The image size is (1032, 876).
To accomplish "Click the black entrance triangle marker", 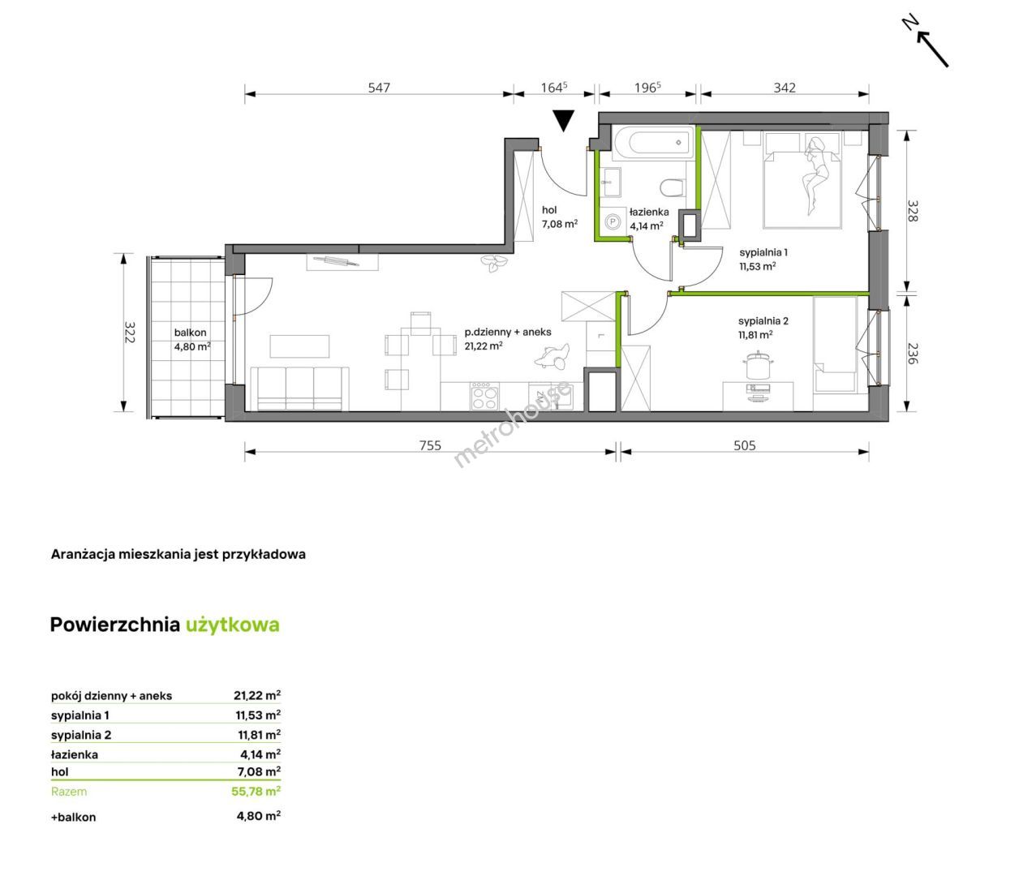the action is [563, 120].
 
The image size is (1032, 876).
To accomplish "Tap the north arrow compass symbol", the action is [927, 41].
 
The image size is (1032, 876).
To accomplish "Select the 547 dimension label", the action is [379, 88].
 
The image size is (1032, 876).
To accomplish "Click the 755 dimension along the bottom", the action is [430, 445].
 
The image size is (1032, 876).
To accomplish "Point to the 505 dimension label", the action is [745, 445].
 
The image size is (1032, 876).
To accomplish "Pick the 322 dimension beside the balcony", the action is [130, 332].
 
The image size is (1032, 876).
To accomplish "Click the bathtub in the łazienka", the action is [653, 144].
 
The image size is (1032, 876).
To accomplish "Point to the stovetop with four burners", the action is [484, 396].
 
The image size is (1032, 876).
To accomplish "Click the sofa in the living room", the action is [299, 389].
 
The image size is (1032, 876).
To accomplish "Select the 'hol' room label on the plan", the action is [549, 210].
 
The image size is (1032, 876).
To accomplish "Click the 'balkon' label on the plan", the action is [190, 333].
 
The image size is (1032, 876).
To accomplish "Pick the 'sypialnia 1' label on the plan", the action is [763, 252].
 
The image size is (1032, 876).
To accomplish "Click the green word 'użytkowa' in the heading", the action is [233, 625].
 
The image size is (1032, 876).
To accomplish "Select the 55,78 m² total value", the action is [256, 791].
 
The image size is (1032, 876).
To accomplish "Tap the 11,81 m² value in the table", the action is [259, 735].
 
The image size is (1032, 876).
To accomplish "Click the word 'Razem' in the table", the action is [69, 792].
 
